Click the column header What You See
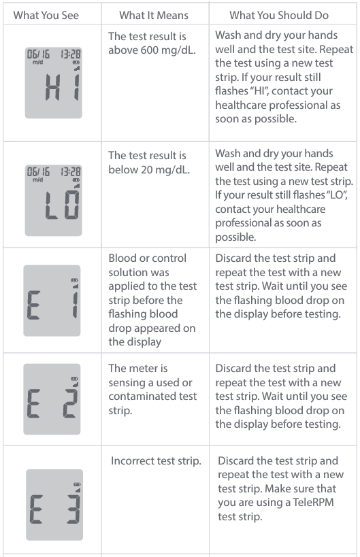coord(46,15)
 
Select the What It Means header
coord(154,15)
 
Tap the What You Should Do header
coord(279,15)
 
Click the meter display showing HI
coord(53,83)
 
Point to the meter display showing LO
coord(53,201)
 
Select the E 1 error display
coord(52,301)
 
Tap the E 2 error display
coord(52,399)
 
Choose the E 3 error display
coord(54,505)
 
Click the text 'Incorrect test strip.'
coord(156,460)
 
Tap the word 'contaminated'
coord(153,396)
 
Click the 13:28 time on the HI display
coord(71,54)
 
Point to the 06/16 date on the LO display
coord(38,172)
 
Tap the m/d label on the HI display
coord(37,63)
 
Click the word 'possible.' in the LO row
coord(235,237)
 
